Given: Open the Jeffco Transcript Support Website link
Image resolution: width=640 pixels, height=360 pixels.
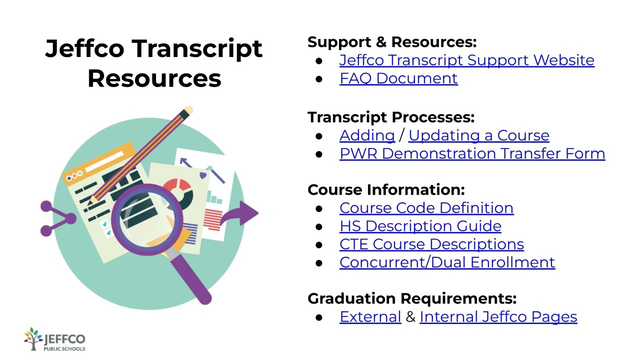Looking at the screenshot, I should coord(466,60).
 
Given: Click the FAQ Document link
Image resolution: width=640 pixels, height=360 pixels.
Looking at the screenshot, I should coord(398,78).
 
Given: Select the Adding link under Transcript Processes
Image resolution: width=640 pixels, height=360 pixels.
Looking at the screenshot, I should coord(367,135).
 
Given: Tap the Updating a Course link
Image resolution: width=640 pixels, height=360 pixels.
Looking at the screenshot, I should coord(478,135).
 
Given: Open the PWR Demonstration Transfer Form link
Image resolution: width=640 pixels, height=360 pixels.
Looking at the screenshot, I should coord(472,153).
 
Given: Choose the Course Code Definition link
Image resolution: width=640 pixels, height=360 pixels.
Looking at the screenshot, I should coord(426,208).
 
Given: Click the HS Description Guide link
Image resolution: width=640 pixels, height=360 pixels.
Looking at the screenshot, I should coord(420,226).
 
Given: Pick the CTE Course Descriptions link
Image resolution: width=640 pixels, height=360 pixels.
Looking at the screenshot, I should coord(431,244).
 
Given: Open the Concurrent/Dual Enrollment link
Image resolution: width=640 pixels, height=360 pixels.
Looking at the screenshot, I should coord(447,262).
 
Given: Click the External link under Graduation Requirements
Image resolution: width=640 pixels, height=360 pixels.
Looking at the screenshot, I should coord(370,317).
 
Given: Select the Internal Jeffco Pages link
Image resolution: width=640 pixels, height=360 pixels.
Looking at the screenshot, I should coord(498,317).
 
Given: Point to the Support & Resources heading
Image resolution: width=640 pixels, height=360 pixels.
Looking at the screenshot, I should coord(392,42).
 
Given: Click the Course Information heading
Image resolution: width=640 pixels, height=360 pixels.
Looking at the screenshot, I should coord(386,190).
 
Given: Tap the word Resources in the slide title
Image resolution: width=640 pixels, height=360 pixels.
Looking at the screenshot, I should coord(154,79).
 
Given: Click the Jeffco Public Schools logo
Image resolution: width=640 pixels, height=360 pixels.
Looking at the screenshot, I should coord(54,340).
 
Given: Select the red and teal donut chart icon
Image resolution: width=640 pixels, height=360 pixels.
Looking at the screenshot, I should coord(178,192).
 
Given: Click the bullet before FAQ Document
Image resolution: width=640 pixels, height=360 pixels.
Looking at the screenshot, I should coord(319,79).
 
